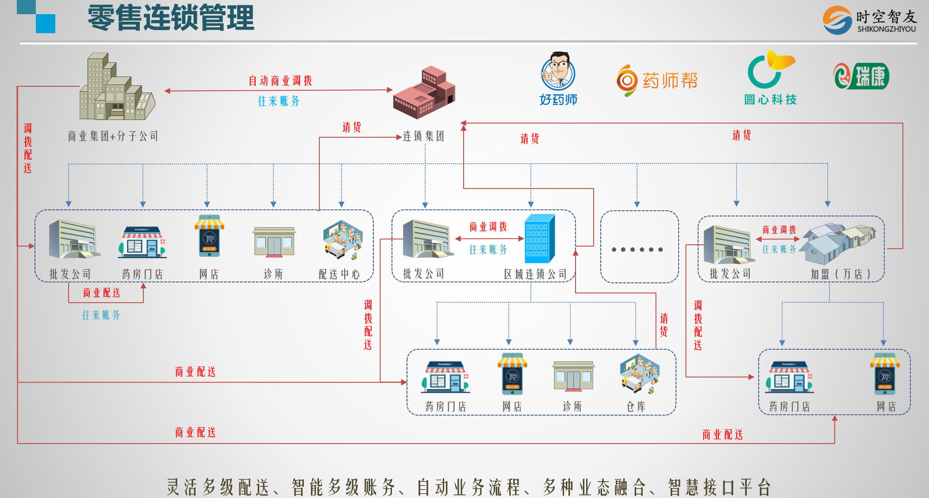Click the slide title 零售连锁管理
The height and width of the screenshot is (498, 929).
pos(171,18)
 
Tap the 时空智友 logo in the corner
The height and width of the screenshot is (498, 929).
pos(869,20)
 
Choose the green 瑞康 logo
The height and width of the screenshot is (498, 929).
pos(861,76)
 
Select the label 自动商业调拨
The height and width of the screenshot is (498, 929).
pos(280,81)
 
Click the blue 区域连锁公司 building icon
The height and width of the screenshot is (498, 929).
pos(540,239)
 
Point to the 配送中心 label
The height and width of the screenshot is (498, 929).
pos(339,274)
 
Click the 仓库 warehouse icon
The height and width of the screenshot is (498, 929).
pos(640,374)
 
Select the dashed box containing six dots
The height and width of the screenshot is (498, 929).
pos(639,247)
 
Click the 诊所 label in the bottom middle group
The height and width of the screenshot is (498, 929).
pos(572,406)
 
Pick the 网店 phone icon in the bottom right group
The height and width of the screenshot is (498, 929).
pos(885,374)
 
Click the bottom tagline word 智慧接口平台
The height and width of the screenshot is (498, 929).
pos(719,487)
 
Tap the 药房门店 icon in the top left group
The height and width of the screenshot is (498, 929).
pos(142,242)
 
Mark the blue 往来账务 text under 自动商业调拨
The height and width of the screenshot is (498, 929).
pos(279,101)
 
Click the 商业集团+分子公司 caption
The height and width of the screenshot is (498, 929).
pos(113,136)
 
